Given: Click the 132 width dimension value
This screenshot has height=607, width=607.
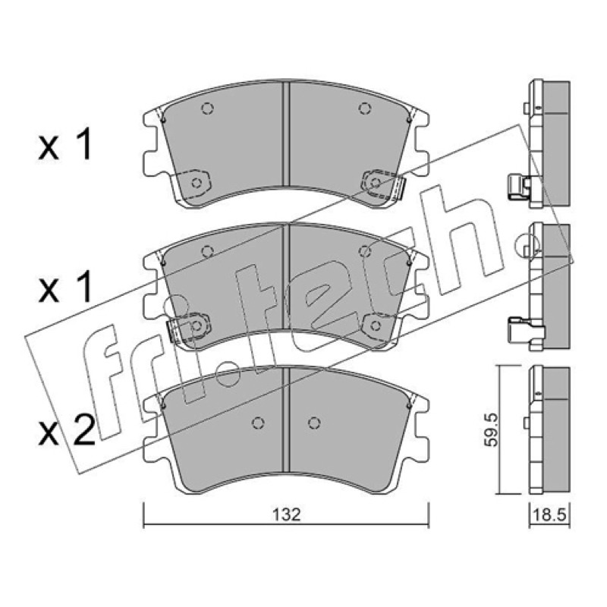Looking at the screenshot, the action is [286, 515].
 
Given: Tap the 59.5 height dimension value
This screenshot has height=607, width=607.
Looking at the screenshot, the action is [492, 430].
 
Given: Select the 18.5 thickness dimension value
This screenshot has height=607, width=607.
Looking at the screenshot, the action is [550, 515].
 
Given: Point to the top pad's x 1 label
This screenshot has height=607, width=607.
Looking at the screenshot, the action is [65, 145].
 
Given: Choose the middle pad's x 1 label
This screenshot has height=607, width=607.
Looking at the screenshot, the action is [65, 287].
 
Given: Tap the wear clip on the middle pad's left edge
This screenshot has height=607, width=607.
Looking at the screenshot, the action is [172, 330].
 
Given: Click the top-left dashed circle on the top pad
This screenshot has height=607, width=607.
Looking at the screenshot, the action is [207, 109].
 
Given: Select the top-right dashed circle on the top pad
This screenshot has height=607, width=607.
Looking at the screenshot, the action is [363, 109].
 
